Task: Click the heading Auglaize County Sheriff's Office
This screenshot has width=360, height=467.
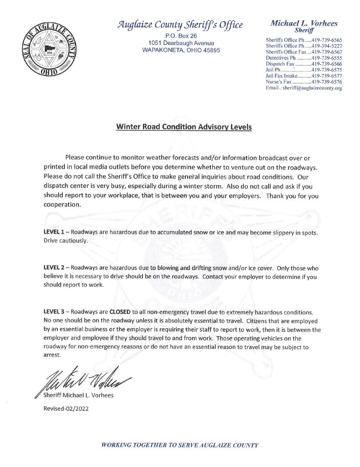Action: click(180, 25)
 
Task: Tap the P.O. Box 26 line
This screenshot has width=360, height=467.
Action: click(180, 36)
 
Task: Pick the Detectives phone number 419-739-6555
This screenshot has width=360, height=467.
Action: click(326, 58)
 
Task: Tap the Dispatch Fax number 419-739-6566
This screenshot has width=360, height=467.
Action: click(326, 64)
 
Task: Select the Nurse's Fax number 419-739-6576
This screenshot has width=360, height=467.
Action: click(326, 82)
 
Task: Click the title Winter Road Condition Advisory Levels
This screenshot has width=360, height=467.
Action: click(184, 127)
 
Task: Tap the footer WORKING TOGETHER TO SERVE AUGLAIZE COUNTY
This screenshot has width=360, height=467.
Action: click(180, 445)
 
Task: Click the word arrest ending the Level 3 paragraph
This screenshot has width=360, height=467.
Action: click(52, 355)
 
